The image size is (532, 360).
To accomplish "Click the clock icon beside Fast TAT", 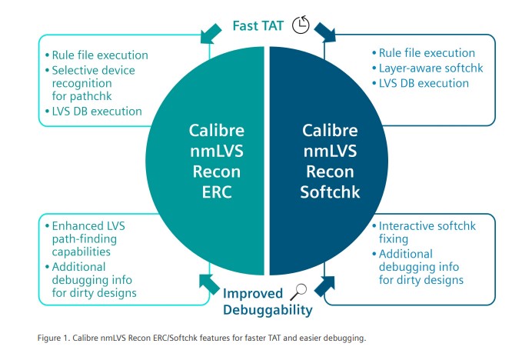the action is [301, 25].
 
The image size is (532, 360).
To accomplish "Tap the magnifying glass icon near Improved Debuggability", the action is [298, 292].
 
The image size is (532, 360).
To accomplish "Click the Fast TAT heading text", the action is [258, 26].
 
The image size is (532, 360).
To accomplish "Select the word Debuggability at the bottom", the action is [268, 311].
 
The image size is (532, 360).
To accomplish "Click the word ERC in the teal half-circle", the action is [217, 192].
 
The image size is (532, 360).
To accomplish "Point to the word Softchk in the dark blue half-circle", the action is [330, 192].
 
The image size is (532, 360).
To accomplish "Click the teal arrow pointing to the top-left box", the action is [211, 34].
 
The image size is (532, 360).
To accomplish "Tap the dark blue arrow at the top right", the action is [325, 32].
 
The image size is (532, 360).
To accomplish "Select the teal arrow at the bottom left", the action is [209, 284].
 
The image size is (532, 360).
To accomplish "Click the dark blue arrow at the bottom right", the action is [324, 285].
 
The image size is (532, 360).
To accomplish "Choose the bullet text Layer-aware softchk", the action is [431, 68].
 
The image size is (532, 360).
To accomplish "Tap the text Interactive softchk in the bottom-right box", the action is [427, 226].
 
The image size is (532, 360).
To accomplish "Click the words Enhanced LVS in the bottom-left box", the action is [88, 226].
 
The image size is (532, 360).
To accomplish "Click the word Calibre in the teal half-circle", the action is [217, 131].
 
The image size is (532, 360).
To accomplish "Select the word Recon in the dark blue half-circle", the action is [330, 172].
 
